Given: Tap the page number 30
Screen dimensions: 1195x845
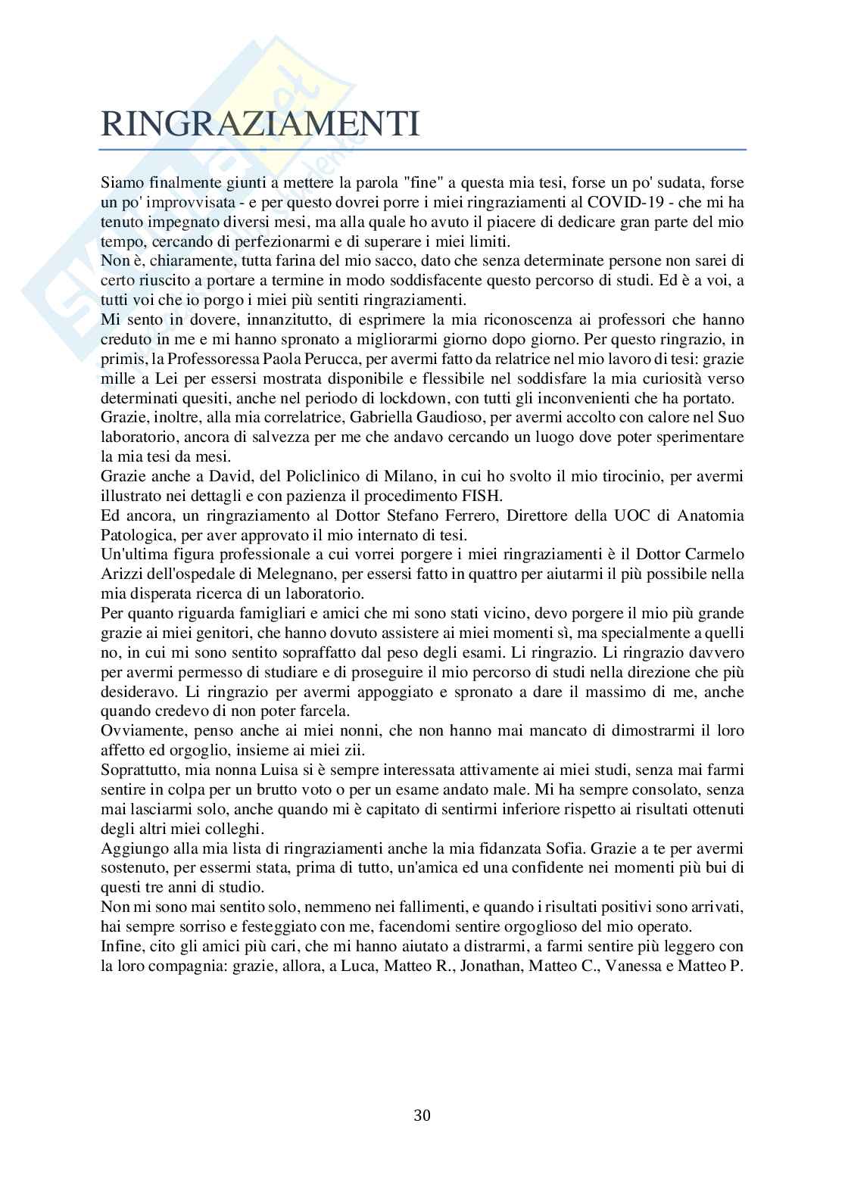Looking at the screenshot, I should pos(422,1115).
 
